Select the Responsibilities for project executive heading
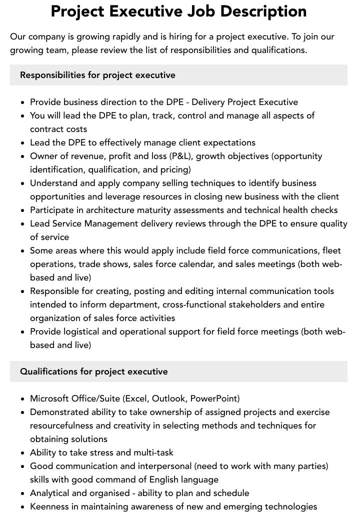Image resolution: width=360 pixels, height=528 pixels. coord(97,75)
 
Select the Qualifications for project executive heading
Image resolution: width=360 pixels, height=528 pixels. coord(94,371)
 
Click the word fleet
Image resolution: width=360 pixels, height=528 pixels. coord(332,250)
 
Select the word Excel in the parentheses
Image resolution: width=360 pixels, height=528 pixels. coord(136,398)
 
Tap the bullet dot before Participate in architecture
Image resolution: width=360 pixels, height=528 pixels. coord(23,210)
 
